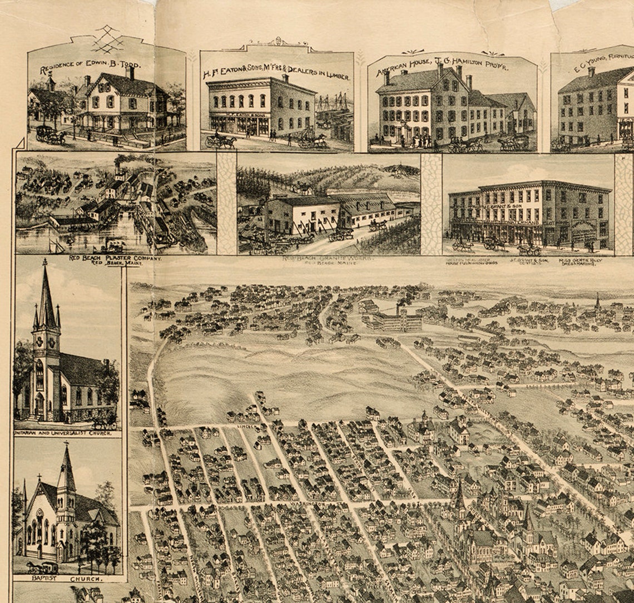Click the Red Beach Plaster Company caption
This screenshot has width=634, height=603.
pos(115,260)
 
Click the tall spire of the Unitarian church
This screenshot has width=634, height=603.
pos(46,295)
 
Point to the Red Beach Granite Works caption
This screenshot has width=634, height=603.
pos(328,260)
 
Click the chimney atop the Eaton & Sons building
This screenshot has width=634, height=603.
pos(285,78)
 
